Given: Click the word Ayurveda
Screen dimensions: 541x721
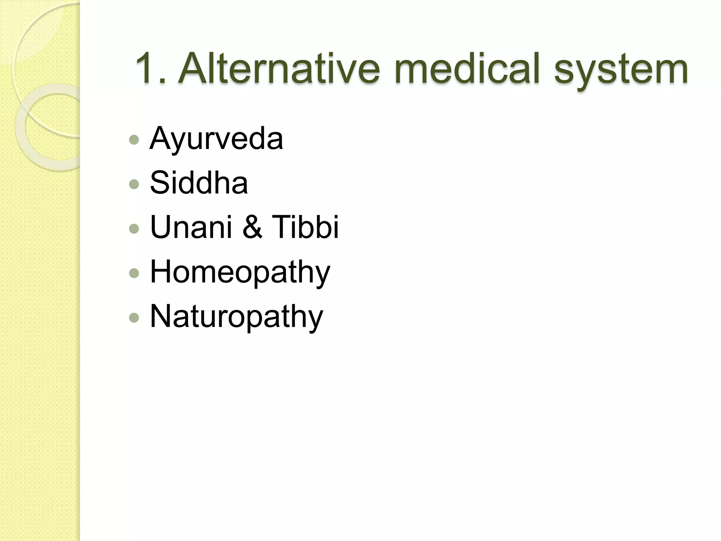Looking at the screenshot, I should pos(216,139).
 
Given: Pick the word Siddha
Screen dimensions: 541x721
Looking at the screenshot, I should pos(199,182).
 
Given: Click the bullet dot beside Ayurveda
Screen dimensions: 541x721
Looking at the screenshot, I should pos(134,140).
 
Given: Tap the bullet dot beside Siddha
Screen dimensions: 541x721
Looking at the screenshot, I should pos(134,184).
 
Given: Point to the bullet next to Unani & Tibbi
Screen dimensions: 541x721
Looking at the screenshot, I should pos(134,229).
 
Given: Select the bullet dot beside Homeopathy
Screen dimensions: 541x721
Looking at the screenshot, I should pos(134,273).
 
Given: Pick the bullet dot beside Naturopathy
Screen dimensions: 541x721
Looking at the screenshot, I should pos(134,318).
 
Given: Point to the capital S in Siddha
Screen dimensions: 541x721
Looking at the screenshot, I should pos(160,182).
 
